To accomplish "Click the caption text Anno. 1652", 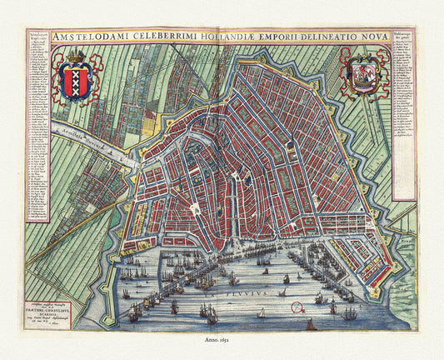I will pos(222,340).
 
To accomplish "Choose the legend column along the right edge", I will pos(404,125).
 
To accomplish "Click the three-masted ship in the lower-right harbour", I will pos(350,313).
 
